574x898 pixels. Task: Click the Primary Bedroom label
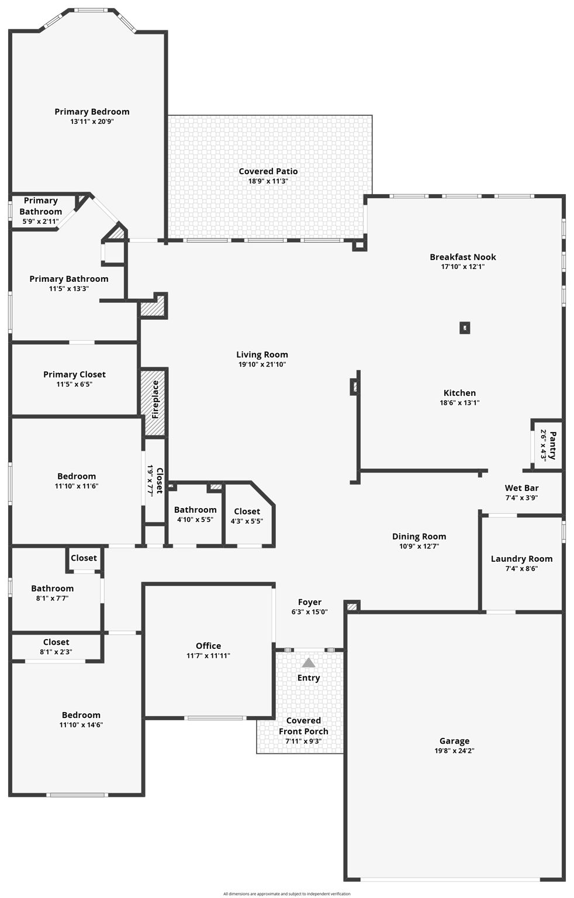92,112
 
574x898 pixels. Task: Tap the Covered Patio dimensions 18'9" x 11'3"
268,181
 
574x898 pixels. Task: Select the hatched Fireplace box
154,402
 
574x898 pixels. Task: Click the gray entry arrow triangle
309,663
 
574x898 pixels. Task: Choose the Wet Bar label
521,488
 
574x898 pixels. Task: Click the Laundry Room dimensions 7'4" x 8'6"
521,568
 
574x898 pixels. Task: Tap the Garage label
454,741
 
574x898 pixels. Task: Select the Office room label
208,646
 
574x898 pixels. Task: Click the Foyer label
309,602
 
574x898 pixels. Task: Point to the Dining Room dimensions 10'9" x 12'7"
419,546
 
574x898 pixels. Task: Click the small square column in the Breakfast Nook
465,328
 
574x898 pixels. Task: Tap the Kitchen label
459,393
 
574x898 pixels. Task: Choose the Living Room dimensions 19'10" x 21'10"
262,364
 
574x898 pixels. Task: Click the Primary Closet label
74,374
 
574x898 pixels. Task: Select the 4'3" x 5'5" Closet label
247,512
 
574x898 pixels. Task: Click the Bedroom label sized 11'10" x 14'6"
81,715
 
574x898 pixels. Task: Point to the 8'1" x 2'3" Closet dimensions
56,652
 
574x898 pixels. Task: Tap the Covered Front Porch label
303,726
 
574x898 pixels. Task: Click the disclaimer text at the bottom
286,893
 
